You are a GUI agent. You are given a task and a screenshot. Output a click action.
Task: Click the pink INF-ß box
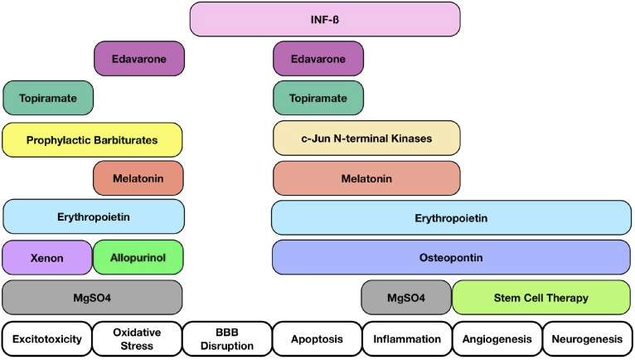(x=324, y=19)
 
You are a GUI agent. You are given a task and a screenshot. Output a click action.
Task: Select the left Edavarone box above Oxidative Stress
(x=138, y=58)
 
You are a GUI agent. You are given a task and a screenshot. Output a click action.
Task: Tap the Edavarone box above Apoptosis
(x=318, y=58)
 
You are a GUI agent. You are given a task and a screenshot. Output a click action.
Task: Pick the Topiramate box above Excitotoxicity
(x=48, y=98)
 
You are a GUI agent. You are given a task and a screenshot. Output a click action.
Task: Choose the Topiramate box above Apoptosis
(x=318, y=98)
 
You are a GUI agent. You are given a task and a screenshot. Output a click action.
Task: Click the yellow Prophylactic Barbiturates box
(x=92, y=139)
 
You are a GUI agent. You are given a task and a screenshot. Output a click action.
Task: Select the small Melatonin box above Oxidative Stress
(x=138, y=178)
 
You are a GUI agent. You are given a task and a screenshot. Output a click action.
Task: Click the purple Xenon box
(x=46, y=257)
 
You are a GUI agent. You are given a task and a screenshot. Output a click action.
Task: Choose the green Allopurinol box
(x=138, y=257)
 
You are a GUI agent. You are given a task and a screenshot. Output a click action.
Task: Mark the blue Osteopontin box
(x=453, y=257)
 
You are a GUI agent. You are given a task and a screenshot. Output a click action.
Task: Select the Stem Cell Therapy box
(x=543, y=297)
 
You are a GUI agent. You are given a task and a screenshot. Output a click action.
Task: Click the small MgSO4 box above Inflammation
(x=406, y=297)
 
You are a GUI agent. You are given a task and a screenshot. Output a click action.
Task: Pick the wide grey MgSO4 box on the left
(x=92, y=297)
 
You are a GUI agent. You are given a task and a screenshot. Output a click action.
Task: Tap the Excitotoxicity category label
(x=46, y=338)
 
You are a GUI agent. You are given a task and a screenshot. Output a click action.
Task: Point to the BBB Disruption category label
(x=227, y=338)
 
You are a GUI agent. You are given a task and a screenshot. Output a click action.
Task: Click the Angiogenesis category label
(x=497, y=338)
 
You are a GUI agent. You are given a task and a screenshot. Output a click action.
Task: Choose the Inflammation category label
(x=407, y=338)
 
